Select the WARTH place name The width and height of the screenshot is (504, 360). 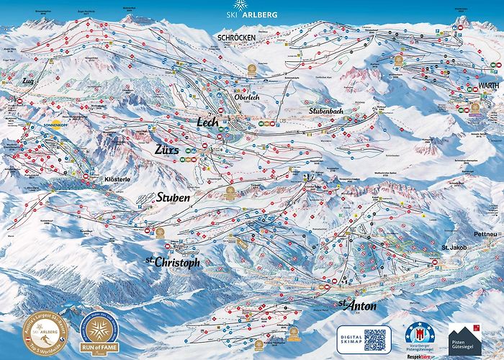click(468, 85)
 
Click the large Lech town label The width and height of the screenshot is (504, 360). click(207, 122)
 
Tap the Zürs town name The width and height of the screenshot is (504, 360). click(168, 150)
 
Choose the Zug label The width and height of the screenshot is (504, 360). click(29, 81)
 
